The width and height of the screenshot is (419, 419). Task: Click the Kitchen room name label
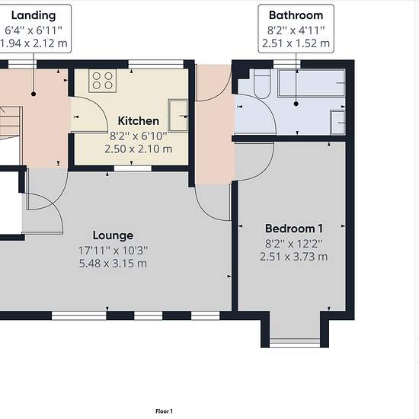pos(139,121)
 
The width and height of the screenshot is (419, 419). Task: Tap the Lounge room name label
pos(113,235)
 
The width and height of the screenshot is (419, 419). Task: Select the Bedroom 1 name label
pos(294,229)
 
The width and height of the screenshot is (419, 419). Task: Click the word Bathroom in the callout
pos(296,15)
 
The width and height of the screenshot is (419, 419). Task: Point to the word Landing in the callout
pos(34,16)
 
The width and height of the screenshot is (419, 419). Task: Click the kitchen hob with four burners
pos(102,81)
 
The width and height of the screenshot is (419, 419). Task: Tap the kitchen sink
pos(178,116)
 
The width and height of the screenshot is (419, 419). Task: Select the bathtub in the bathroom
pos(312,82)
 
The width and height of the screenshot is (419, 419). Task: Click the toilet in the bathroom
pos(262,84)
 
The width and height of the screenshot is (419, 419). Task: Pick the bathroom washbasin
pos(337,123)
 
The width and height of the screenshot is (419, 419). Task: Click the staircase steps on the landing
pos(11,123)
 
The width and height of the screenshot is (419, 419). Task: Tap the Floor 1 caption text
pos(164,411)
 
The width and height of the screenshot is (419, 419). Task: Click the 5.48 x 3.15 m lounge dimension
pos(113,264)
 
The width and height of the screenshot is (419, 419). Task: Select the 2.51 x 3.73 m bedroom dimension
pos(293,257)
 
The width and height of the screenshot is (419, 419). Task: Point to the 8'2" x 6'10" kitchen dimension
pos(139,136)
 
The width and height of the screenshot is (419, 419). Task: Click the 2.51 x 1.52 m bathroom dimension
pos(296,43)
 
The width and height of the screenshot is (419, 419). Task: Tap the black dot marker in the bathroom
pos(296,104)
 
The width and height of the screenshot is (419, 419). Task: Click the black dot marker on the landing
pos(34,94)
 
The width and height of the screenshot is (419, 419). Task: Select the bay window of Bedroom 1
pos(295,343)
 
